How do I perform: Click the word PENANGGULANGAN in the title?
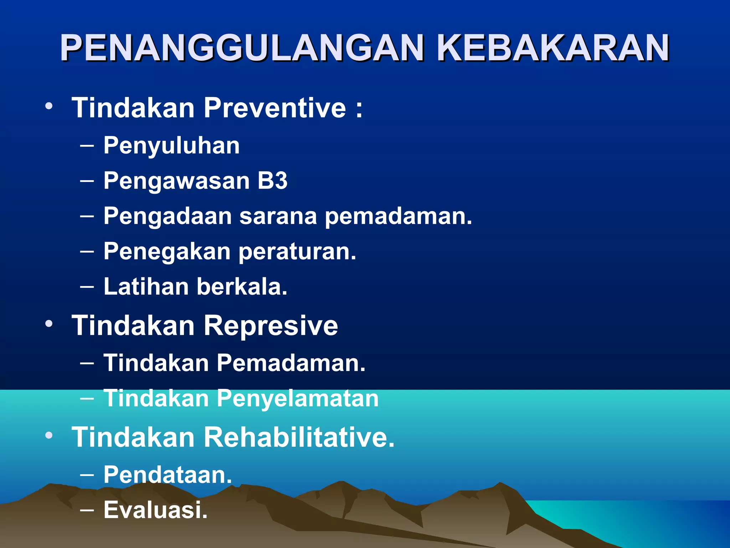pos(242,48)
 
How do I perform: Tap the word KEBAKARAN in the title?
pos(552,48)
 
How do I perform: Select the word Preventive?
pos(274,108)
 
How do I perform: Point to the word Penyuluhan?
pos(171,146)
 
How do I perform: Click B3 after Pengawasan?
pos(272,181)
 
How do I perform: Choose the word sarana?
pos(278,216)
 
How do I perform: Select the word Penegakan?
pos(167,252)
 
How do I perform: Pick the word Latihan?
pos(146,286)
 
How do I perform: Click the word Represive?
pos(271,326)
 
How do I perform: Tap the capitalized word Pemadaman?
pos(291,363)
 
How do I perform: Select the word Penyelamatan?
pos(298,399)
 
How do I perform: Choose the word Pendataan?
pos(168,475)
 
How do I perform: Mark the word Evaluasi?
pos(155,510)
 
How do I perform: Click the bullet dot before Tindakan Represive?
pos(49,324)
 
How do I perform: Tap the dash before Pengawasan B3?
pos(87,181)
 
